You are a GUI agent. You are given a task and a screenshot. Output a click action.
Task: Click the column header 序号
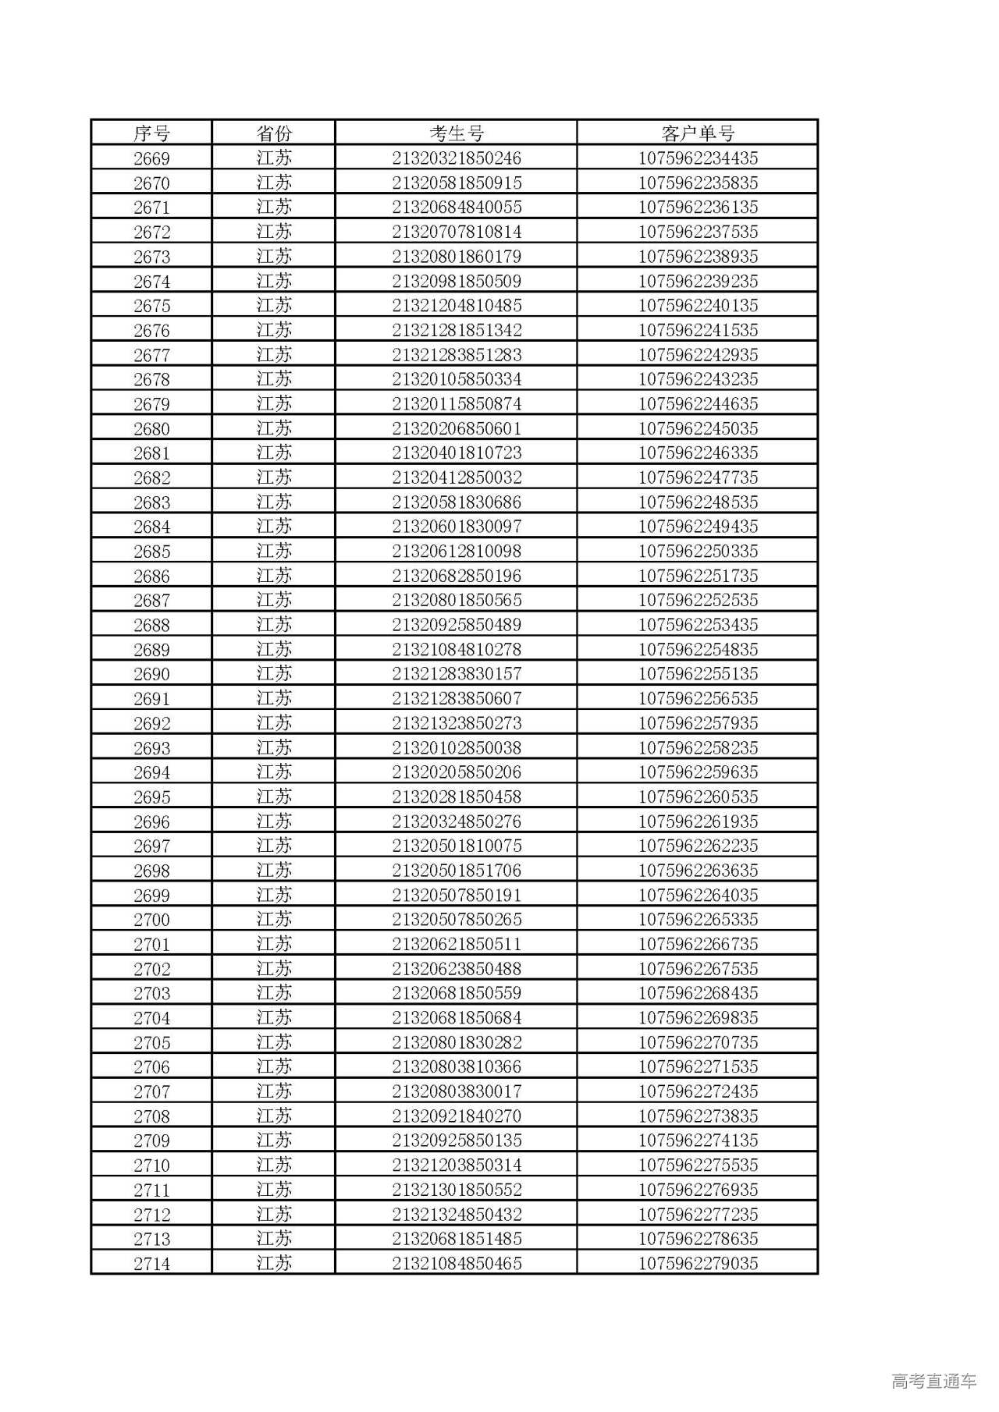[x=151, y=133]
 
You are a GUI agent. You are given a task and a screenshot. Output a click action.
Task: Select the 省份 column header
[x=274, y=133]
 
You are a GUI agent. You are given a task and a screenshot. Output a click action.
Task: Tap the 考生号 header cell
[x=457, y=133]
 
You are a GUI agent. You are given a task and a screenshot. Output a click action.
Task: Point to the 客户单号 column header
[x=698, y=133]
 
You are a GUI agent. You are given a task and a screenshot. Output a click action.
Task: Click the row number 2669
[x=151, y=158]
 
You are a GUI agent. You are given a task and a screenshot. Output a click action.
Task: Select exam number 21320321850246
[x=457, y=158]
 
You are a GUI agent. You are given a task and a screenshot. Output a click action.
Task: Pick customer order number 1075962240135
[x=698, y=306]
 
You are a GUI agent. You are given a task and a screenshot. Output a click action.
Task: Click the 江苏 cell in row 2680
[x=274, y=428]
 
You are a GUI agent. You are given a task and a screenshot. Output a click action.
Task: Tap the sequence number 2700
[x=151, y=920]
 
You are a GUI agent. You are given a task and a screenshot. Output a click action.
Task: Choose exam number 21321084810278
[x=457, y=650]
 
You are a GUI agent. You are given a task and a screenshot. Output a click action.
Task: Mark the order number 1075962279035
[x=698, y=1263]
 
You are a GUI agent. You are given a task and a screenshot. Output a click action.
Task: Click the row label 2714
[x=151, y=1263]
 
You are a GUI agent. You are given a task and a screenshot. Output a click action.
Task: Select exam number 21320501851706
[x=457, y=871]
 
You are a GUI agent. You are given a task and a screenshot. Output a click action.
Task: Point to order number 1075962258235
[x=698, y=748]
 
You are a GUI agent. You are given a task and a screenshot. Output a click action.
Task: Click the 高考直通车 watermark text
[x=933, y=1382]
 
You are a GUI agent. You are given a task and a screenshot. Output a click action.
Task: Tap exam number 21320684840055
[x=457, y=208]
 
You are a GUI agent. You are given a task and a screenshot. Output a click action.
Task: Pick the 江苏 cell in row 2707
[x=274, y=1091]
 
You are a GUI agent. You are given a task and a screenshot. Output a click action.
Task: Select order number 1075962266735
[x=698, y=944]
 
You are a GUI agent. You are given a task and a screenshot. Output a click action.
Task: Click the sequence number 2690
[x=151, y=674]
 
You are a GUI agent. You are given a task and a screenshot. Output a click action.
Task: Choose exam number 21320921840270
[x=457, y=1116]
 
